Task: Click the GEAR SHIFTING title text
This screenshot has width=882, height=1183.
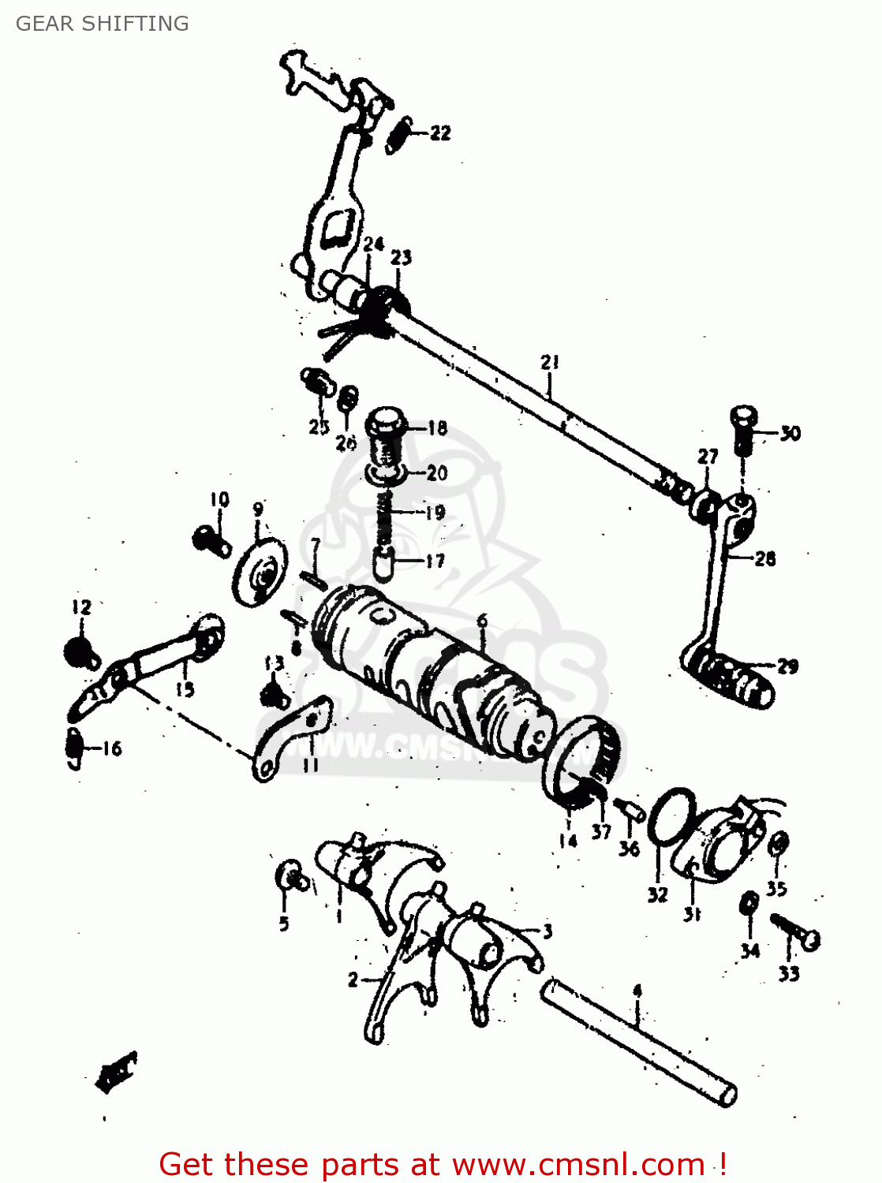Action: pyautogui.click(x=103, y=24)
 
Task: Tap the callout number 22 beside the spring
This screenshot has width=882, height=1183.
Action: pyautogui.click(x=440, y=132)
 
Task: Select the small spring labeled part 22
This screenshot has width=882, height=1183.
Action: pyautogui.click(x=399, y=135)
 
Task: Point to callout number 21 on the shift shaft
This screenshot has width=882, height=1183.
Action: pyautogui.click(x=550, y=362)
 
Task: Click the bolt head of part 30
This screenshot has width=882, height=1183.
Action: pyautogui.click(x=743, y=416)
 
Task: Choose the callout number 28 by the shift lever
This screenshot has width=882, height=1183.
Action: pyautogui.click(x=764, y=559)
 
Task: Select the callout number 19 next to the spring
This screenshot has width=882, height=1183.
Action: pyautogui.click(x=435, y=513)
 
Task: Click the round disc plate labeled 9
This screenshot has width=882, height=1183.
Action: pyautogui.click(x=259, y=573)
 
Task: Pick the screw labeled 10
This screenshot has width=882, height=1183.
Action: pyautogui.click(x=211, y=541)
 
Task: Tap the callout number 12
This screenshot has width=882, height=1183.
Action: pyautogui.click(x=81, y=606)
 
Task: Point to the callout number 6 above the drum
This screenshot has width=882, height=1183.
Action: pyautogui.click(x=482, y=621)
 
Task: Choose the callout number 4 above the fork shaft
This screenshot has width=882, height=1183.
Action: pyautogui.click(x=637, y=991)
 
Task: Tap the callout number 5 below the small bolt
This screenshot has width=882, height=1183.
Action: pyautogui.click(x=284, y=924)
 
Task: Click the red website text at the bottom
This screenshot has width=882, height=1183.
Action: pyautogui.click(x=442, y=1164)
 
